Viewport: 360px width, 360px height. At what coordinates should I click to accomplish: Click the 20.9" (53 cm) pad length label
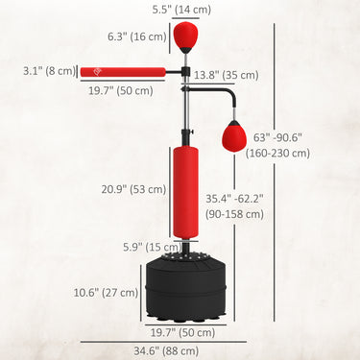(132, 190)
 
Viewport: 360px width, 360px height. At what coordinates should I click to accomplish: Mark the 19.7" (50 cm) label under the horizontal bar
(107, 89)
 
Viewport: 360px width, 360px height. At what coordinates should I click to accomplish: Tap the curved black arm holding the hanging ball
(223, 95)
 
